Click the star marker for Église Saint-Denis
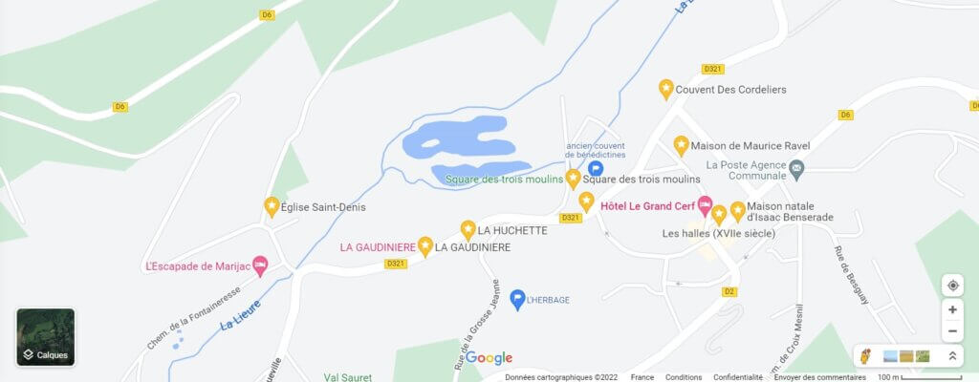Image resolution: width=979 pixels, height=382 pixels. pos(272,205)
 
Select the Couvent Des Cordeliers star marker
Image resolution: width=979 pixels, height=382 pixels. pos(666,89)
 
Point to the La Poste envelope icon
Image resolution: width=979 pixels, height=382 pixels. pos(797,169)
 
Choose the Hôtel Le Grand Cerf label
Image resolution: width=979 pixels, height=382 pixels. pos(647,204)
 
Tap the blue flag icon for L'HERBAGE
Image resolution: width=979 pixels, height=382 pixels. pos(517,299)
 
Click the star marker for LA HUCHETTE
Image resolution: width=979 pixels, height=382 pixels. pos(468,229)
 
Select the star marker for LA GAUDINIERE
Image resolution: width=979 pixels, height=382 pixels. pos(425,246)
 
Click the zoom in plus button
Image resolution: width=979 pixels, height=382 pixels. pos(952,309)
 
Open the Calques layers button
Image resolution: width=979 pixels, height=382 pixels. pos(46,337)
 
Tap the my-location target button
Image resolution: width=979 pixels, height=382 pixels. pos(952,286)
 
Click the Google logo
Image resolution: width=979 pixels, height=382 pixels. pos(489,358)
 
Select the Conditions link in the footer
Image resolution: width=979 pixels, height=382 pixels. pos(684,377)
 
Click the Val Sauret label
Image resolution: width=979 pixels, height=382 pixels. pos(345,377)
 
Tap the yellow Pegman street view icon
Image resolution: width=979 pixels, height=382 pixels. pos(866,356)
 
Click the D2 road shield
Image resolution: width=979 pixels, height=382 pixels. pos(729,291)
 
